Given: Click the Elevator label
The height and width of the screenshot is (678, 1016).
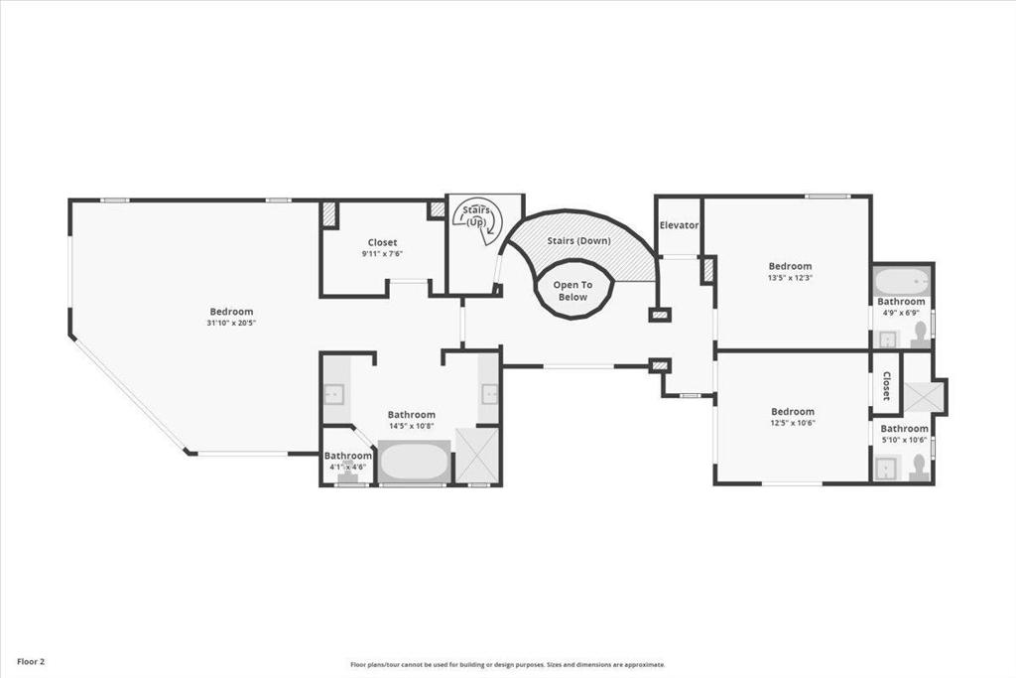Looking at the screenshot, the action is tap(679, 225).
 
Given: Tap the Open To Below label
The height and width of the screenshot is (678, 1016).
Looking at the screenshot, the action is tap(572, 291).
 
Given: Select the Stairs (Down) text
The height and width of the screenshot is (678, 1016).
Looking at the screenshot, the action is tap(578, 240).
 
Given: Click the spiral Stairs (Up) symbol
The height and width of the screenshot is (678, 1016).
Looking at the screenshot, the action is tap(477, 220).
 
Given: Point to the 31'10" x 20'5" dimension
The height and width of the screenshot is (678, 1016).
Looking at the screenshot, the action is tap(231, 323).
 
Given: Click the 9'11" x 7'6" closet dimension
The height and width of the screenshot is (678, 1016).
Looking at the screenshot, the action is tap(382, 254).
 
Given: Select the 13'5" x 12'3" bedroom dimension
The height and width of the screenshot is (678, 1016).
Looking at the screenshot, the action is tap(790, 277).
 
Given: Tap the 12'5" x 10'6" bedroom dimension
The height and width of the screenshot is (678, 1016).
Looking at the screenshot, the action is tap(793, 423).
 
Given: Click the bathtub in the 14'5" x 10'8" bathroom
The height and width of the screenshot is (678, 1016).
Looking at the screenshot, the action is tap(415, 462).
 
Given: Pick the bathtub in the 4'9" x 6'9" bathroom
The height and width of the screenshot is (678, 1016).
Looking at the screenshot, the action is tap(902, 281).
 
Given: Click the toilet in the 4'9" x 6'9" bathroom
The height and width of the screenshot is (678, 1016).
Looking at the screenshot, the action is tap(919, 336).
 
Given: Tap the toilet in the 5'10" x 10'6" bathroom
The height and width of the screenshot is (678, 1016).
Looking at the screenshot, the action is tap(918, 468).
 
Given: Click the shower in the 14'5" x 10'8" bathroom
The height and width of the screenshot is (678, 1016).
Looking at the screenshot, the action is tap(477, 455).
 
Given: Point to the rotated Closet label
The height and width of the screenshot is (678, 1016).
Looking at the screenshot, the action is tap(886, 386).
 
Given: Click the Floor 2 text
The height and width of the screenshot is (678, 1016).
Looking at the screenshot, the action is tap(31, 662).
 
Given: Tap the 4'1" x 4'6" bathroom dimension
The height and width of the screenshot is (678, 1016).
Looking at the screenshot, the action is tap(348, 467).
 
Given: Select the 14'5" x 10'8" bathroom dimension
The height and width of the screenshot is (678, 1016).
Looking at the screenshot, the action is tap(412, 427).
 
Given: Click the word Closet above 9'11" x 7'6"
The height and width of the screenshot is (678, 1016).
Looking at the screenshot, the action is tap(382, 242).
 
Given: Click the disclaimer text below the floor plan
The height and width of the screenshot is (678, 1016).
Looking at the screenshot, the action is tap(508, 664).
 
